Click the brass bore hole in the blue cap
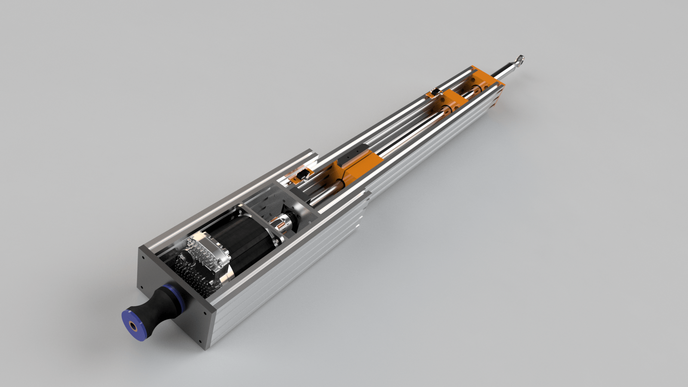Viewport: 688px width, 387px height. [x=135, y=327]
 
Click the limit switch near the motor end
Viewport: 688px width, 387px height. [x=304, y=174]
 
